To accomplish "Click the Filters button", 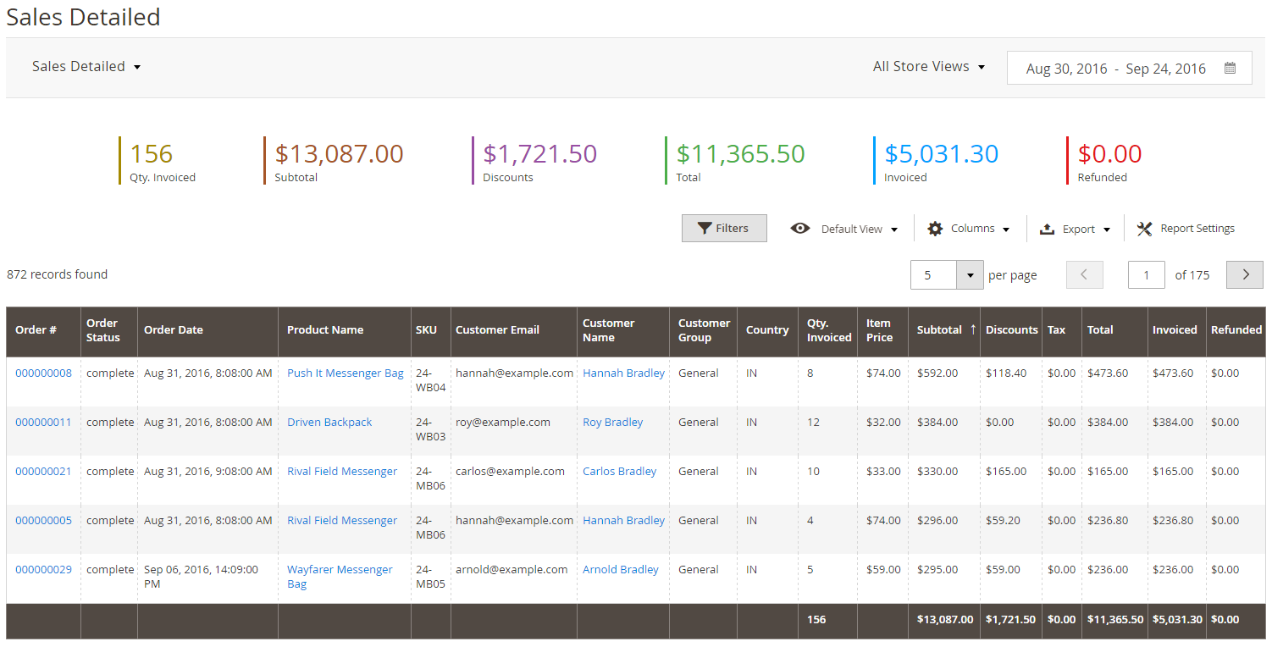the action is coord(724,229).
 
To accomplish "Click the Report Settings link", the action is coord(1186,229).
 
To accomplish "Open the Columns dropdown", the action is coord(969,229).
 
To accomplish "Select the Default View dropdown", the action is coord(844,229).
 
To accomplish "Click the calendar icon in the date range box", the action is coord(1230,68).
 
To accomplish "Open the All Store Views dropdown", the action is coord(929,66).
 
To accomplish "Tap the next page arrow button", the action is coord(1245,275).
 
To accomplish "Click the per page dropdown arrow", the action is coord(970,275).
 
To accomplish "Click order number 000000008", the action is coord(44,373).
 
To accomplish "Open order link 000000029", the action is coord(44,570).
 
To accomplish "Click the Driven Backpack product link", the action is coord(329,422).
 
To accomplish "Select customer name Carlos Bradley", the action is coord(620,472).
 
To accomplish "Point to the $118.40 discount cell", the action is coord(1006,373).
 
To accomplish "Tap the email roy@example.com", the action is coord(503,422).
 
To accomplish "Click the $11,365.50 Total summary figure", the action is coord(740,154).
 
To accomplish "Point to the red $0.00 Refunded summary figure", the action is coord(1109,154).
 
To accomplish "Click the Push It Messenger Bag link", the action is coord(346,373).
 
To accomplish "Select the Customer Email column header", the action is coord(497,330).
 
